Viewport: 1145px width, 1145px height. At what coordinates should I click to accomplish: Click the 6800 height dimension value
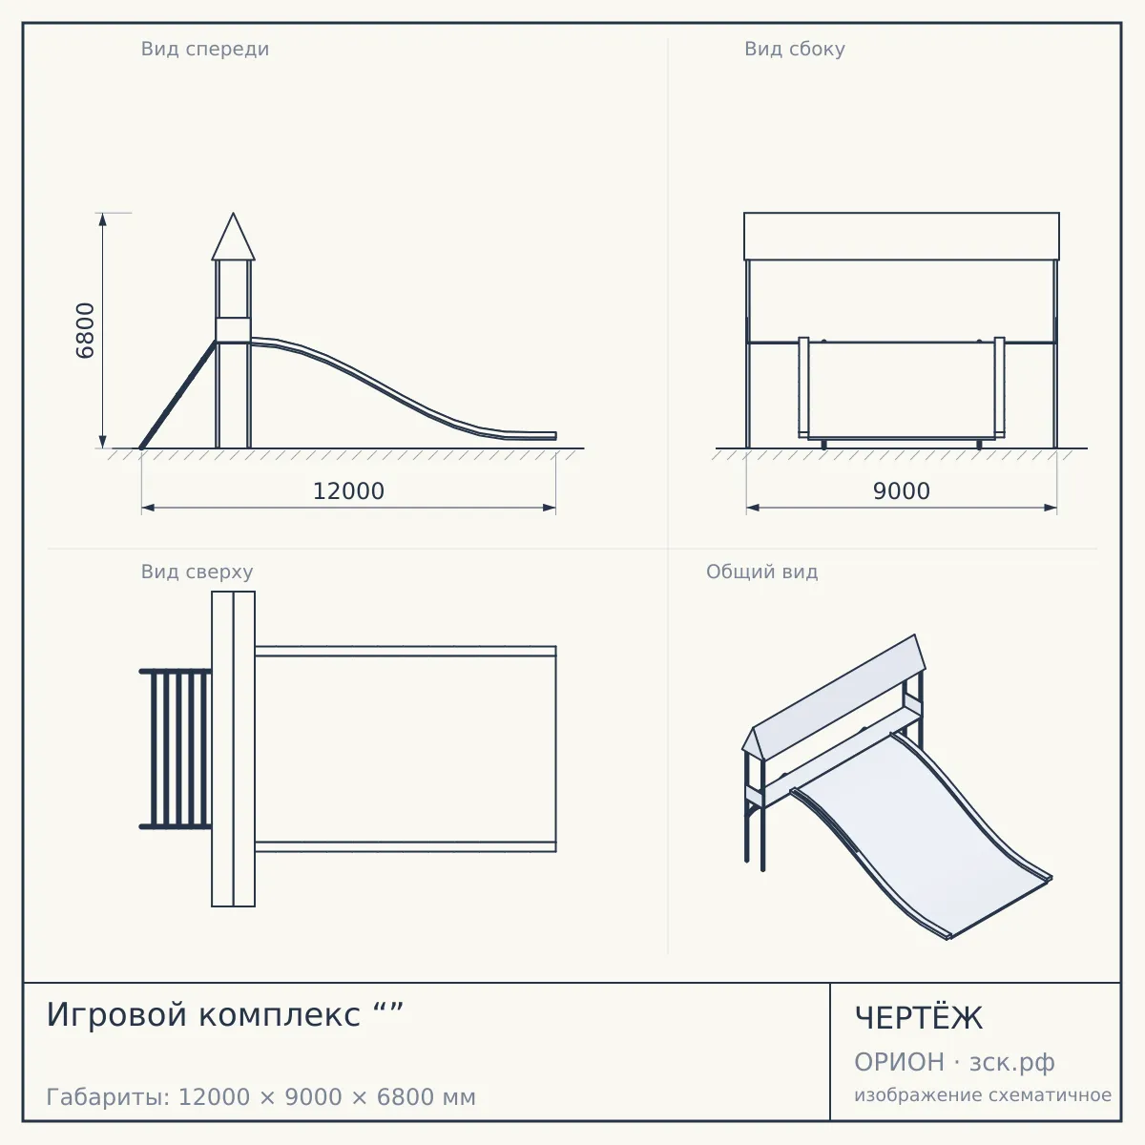tap(85, 330)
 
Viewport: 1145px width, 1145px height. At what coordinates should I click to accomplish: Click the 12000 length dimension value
tap(348, 491)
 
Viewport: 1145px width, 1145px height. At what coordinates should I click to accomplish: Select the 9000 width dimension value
tap(902, 491)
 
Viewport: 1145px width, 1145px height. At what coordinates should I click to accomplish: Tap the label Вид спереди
tap(205, 50)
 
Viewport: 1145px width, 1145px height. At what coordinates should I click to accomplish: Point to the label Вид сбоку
tap(795, 49)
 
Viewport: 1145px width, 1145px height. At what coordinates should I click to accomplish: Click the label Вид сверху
tap(197, 572)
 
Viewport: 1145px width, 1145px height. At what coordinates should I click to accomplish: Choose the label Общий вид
tap(761, 572)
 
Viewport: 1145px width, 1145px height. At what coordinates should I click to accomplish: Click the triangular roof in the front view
tap(234, 237)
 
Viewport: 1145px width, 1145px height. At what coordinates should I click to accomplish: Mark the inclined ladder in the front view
tap(178, 394)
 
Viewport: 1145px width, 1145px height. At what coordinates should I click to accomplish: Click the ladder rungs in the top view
tap(176, 749)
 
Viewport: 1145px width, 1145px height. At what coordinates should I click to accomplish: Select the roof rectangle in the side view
tap(902, 236)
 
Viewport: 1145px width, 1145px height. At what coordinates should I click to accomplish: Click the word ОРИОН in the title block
tap(899, 1062)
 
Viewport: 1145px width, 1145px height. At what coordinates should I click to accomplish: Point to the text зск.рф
tap(1012, 1063)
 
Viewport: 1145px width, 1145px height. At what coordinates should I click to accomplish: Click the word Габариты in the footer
tap(108, 1097)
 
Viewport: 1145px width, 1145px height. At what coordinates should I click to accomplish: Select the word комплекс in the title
tap(280, 1015)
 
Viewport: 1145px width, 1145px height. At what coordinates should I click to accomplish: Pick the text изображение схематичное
tap(983, 1095)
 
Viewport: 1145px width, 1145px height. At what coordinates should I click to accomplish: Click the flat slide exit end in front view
tap(531, 435)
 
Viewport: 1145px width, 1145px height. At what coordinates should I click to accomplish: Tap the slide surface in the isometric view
tap(922, 831)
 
